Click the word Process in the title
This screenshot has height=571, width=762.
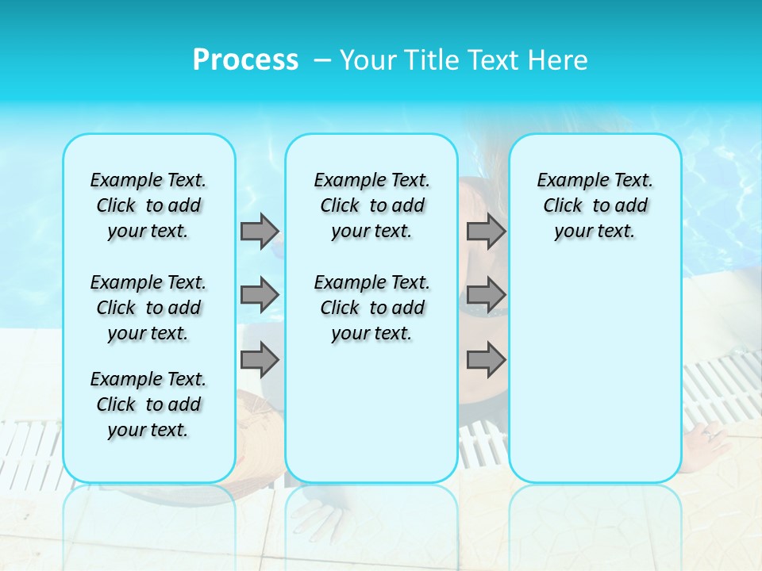pos(245,59)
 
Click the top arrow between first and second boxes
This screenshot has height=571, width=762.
pos(260,231)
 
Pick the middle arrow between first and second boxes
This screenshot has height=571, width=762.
pos(260,295)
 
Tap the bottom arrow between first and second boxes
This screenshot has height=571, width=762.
pos(260,359)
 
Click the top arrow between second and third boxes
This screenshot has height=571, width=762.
pos(486,231)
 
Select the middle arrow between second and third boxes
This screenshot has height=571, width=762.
pos(486,295)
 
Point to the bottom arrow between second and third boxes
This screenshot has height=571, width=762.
pos(486,359)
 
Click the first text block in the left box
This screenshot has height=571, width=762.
pos(148,205)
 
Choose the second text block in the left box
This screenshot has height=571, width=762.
pos(148,308)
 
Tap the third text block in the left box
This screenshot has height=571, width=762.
pos(148,404)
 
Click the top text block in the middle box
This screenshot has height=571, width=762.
pos(371,205)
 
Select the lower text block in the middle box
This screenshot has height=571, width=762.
pos(371,308)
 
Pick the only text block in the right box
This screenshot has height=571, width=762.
pos(595,205)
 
